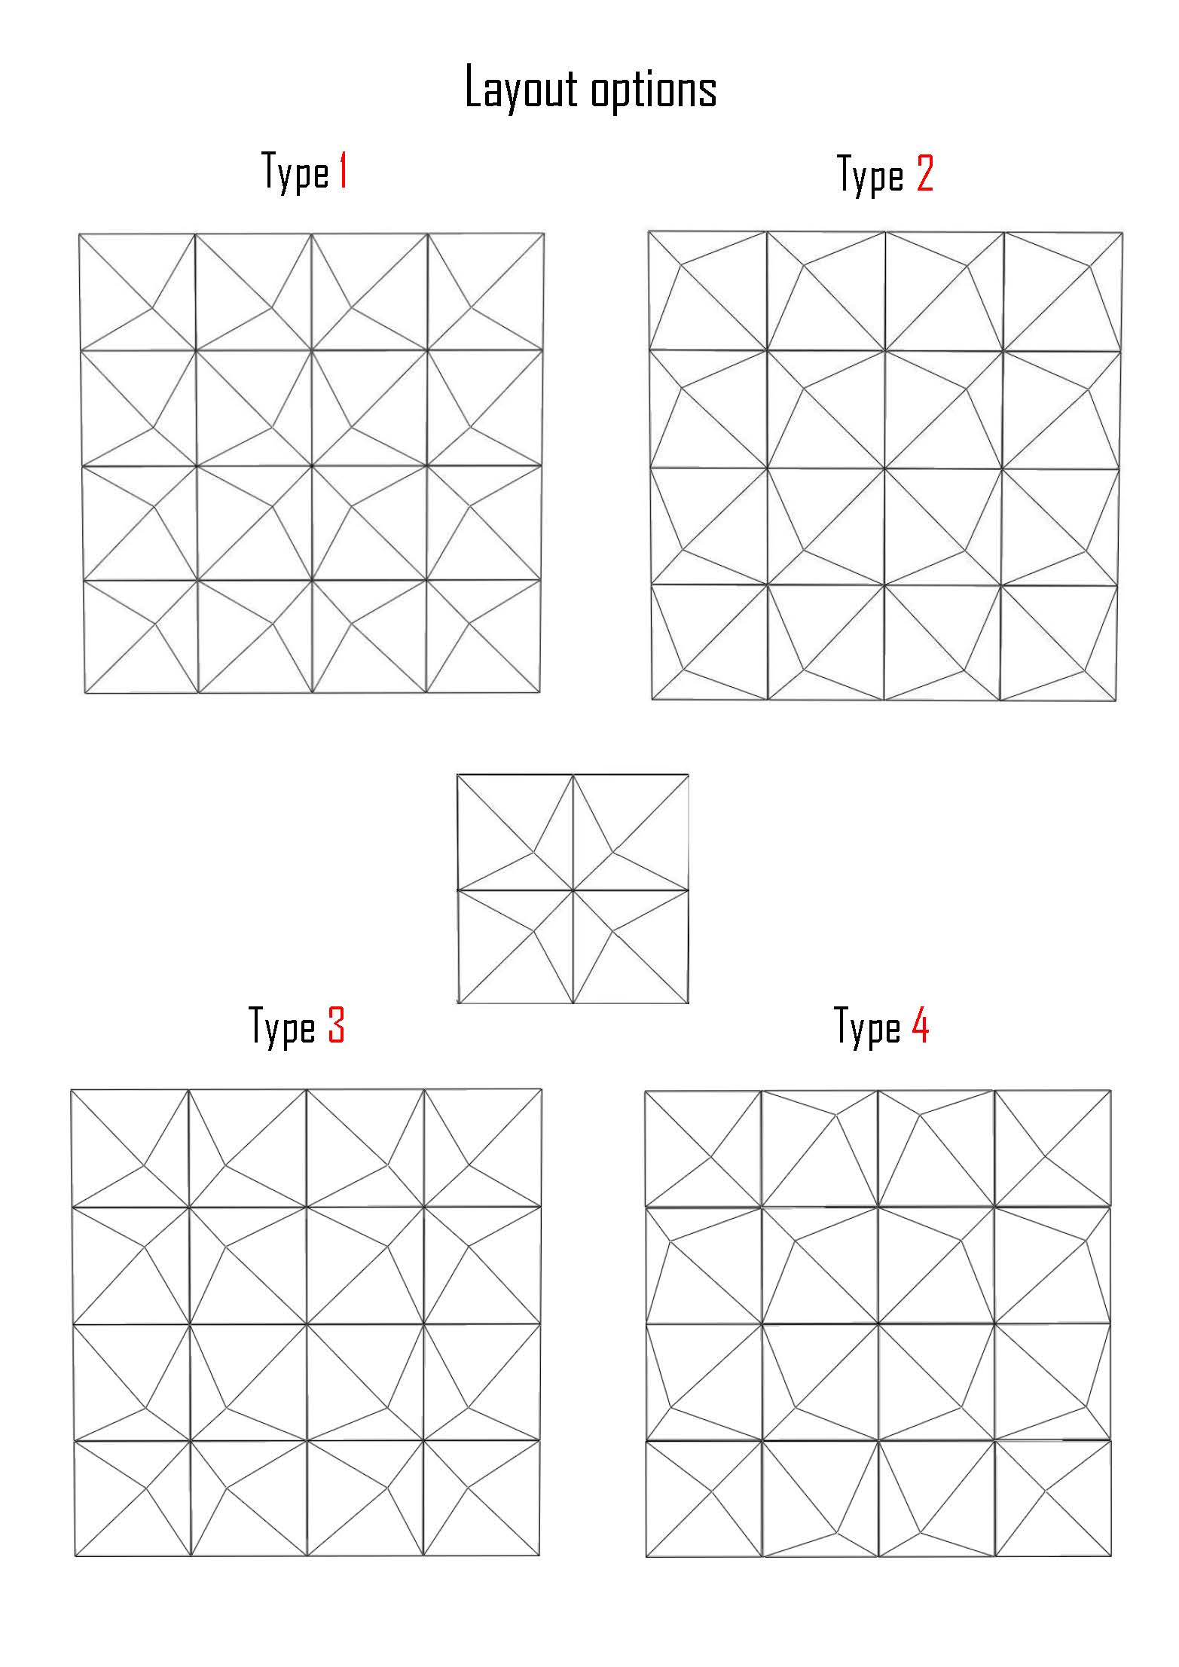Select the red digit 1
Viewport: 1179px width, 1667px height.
(342, 171)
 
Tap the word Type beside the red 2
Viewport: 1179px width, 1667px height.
(871, 176)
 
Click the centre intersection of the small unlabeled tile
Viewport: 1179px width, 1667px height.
(573, 890)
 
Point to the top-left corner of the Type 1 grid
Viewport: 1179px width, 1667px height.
(79, 234)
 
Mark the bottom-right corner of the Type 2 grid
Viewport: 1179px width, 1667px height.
(1116, 701)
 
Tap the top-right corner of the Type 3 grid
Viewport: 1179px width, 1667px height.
(542, 1089)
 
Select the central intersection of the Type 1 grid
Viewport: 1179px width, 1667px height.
(311, 466)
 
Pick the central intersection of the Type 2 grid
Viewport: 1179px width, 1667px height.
(884, 468)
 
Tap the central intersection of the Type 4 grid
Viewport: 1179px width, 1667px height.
(878, 1324)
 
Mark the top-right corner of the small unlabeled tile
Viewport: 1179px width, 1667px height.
(689, 774)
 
